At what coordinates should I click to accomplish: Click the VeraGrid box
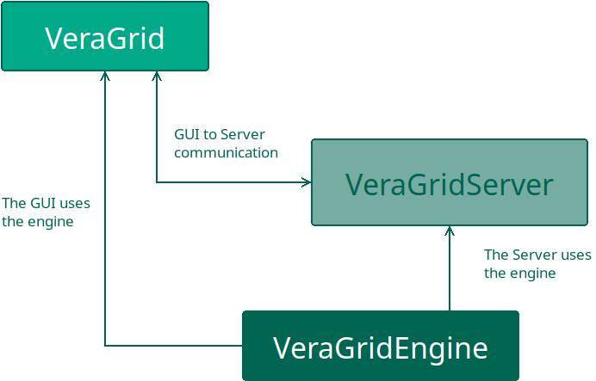point(104,36)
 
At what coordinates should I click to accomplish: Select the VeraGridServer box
point(449,182)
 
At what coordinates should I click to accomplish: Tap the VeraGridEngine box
point(380,346)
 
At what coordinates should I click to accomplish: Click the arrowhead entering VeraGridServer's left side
point(306,182)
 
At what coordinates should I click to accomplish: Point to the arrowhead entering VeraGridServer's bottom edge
point(449,230)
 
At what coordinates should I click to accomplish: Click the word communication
point(226,153)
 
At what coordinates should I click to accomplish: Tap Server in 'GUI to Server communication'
point(243,134)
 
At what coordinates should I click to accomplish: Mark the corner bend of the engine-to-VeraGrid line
point(105,346)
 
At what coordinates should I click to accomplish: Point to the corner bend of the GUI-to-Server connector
point(157,182)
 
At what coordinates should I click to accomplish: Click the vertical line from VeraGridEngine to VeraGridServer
point(449,275)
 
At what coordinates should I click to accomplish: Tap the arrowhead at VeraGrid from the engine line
point(105,76)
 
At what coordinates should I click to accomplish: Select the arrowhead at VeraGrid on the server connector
point(157,76)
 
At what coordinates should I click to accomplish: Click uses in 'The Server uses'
point(576,255)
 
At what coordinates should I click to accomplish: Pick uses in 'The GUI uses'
point(75,204)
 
